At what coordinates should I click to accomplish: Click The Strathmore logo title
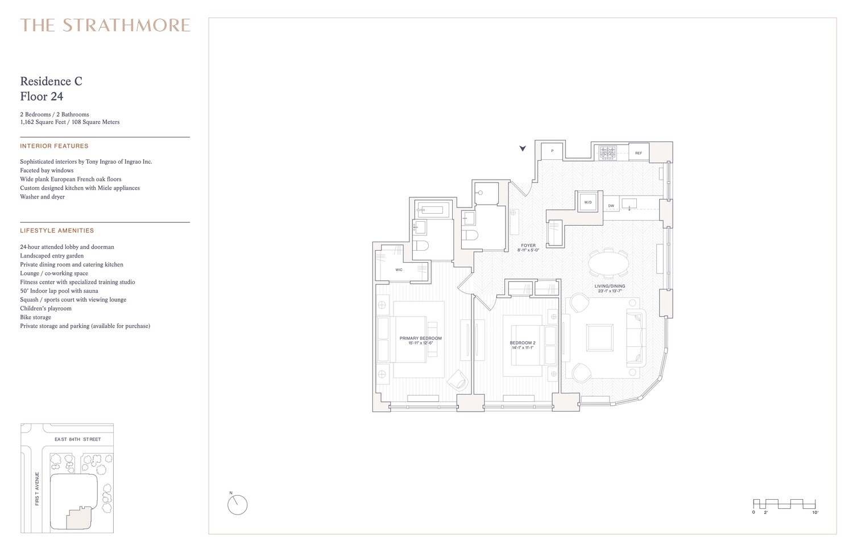click(x=105, y=26)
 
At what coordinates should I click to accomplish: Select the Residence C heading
click(x=51, y=81)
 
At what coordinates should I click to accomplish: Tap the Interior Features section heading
click(x=54, y=146)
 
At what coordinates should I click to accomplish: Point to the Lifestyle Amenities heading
click(x=57, y=231)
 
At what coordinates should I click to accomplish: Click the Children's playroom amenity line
click(x=45, y=309)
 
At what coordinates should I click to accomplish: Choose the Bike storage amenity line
click(x=35, y=317)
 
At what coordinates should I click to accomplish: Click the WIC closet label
click(x=399, y=269)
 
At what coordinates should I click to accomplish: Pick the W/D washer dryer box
click(x=588, y=202)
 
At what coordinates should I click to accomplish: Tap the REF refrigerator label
click(x=638, y=153)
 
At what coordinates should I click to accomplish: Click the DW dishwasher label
click(x=611, y=206)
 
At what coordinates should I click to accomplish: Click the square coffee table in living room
click(x=600, y=338)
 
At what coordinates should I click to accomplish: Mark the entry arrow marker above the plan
click(x=523, y=148)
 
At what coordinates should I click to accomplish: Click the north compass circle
click(x=238, y=505)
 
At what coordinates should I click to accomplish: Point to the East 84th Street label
click(x=77, y=439)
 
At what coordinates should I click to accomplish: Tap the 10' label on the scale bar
click(x=815, y=513)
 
